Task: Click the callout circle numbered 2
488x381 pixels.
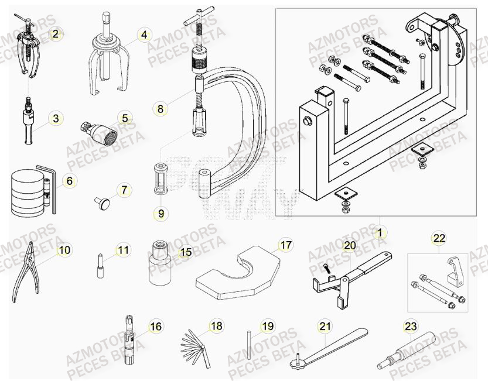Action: click(55, 35)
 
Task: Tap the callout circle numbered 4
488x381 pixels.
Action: click(144, 35)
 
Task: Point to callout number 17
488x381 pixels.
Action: click(285, 245)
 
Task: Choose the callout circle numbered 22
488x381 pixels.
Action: click(439, 238)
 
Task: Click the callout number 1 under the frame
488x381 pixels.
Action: click(379, 232)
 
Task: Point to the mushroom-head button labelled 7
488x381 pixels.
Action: click(103, 202)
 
